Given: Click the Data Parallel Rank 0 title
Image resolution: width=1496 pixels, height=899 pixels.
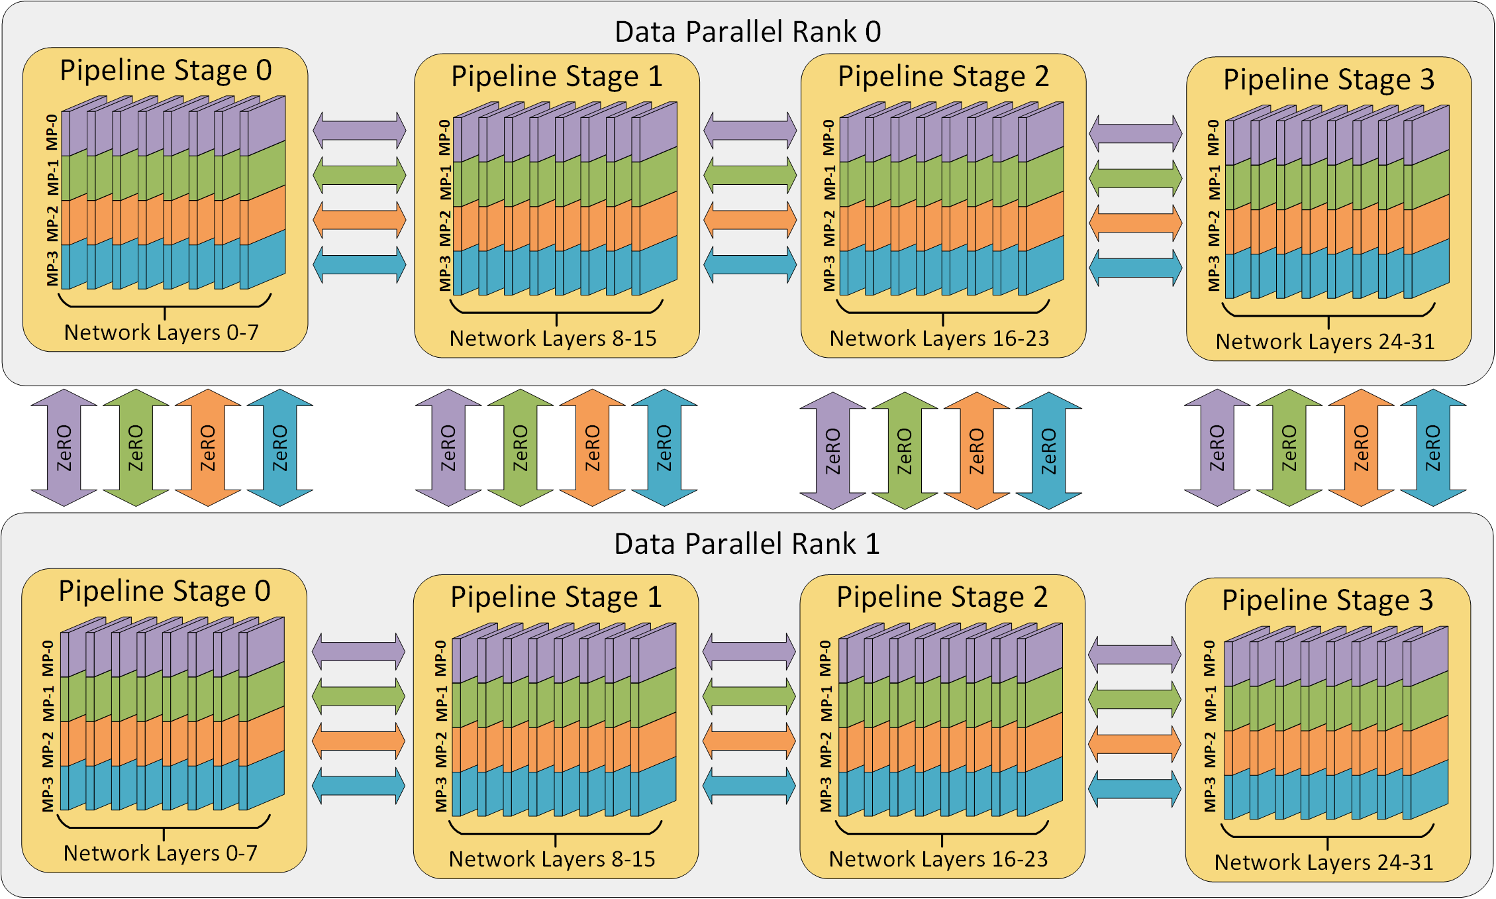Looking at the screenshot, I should point(748,32).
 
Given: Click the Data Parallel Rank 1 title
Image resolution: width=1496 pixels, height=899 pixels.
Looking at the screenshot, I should point(747,544).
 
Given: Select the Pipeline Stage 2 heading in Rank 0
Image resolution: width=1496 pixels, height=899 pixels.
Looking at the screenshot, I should point(943,77).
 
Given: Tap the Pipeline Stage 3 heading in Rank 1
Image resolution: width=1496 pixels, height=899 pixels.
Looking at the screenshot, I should point(1327,600).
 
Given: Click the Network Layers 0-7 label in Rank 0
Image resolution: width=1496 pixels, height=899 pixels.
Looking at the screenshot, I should point(162,332).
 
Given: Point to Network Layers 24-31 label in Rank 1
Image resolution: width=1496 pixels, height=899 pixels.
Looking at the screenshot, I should point(1324,862).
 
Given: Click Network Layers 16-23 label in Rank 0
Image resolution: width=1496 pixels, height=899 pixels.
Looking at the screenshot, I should point(939,339).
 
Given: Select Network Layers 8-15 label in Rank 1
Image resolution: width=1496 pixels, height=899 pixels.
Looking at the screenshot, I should point(552,859).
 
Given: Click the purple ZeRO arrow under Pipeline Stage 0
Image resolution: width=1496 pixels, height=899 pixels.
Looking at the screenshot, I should point(64,448).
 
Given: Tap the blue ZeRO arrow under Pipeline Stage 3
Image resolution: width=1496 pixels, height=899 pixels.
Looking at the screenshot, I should point(1432,448).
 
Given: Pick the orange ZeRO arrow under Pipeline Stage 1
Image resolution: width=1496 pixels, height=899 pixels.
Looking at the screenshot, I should point(592,448).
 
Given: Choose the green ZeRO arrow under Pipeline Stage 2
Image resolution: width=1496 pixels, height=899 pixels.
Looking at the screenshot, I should point(905,450).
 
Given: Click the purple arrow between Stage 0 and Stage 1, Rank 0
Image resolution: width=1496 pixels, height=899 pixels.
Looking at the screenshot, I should point(359,131).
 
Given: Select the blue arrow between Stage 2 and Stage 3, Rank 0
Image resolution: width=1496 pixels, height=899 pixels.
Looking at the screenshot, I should point(1135,268).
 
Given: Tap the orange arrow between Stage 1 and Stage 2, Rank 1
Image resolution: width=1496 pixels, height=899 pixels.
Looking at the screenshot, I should point(748,741).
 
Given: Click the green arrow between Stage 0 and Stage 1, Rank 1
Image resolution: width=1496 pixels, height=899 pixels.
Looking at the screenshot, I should point(358,696).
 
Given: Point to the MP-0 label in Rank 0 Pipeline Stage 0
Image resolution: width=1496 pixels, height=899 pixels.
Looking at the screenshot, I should point(52,132).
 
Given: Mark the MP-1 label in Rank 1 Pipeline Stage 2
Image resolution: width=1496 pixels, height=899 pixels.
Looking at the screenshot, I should point(826,704).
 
